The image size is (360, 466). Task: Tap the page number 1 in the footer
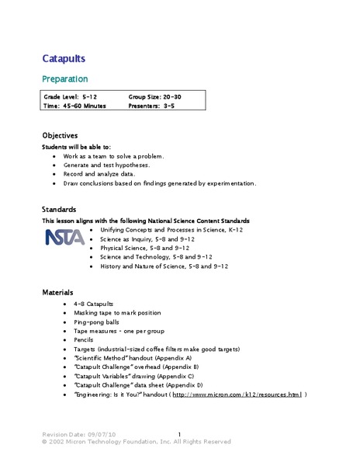(179, 434)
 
